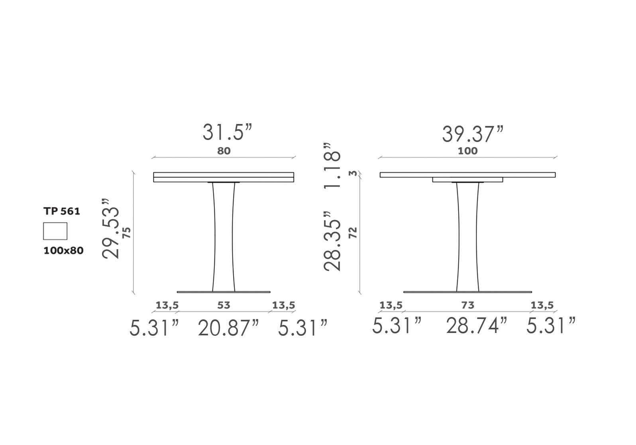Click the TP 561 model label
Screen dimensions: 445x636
pyautogui.click(x=62, y=212)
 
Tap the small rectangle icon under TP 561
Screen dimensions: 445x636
pyautogui.click(x=55, y=231)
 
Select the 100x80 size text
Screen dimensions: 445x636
pyautogui.click(x=63, y=251)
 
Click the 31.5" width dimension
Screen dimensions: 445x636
pyautogui.click(x=228, y=132)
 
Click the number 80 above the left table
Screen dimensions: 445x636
pyautogui.click(x=224, y=151)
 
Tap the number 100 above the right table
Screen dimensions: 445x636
pyautogui.click(x=468, y=151)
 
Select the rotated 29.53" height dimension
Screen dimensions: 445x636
pyautogui.click(x=111, y=228)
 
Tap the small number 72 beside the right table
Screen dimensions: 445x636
pyautogui.click(x=353, y=232)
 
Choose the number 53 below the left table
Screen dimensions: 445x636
pyautogui.click(x=224, y=305)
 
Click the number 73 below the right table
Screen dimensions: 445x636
pyautogui.click(x=468, y=305)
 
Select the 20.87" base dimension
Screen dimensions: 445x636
pyautogui.click(x=228, y=328)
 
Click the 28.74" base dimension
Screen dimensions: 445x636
pyautogui.click(x=477, y=326)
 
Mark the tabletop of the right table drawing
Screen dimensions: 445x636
pyautogui.click(x=467, y=175)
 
